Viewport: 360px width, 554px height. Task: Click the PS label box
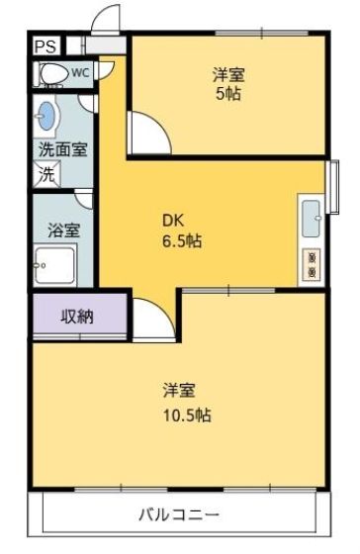pos(45,46)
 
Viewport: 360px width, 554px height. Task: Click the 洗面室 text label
pos(61,150)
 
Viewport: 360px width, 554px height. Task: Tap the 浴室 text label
pos(63,230)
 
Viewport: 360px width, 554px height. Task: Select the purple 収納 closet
pos(78,317)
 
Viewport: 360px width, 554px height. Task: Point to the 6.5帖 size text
pos(182,240)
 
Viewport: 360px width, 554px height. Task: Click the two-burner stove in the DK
pos(312,261)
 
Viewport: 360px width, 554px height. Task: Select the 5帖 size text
pos(229,95)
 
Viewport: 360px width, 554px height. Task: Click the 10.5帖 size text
pos(186,414)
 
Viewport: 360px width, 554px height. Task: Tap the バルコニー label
pos(178,514)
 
